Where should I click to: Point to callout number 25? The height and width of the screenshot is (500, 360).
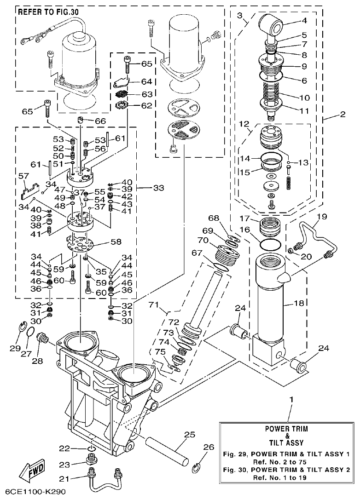tap(190, 435)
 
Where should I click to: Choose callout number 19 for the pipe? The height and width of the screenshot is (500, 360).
tap(321, 216)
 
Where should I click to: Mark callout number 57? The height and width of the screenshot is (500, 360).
tap(23, 176)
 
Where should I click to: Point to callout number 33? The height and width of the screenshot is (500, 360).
tap(158, 188)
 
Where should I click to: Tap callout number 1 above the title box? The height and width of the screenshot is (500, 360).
tap(290, 399)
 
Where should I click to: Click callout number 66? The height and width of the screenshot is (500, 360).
tap(100, 121)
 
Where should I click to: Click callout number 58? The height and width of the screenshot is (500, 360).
tap(116, 241)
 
